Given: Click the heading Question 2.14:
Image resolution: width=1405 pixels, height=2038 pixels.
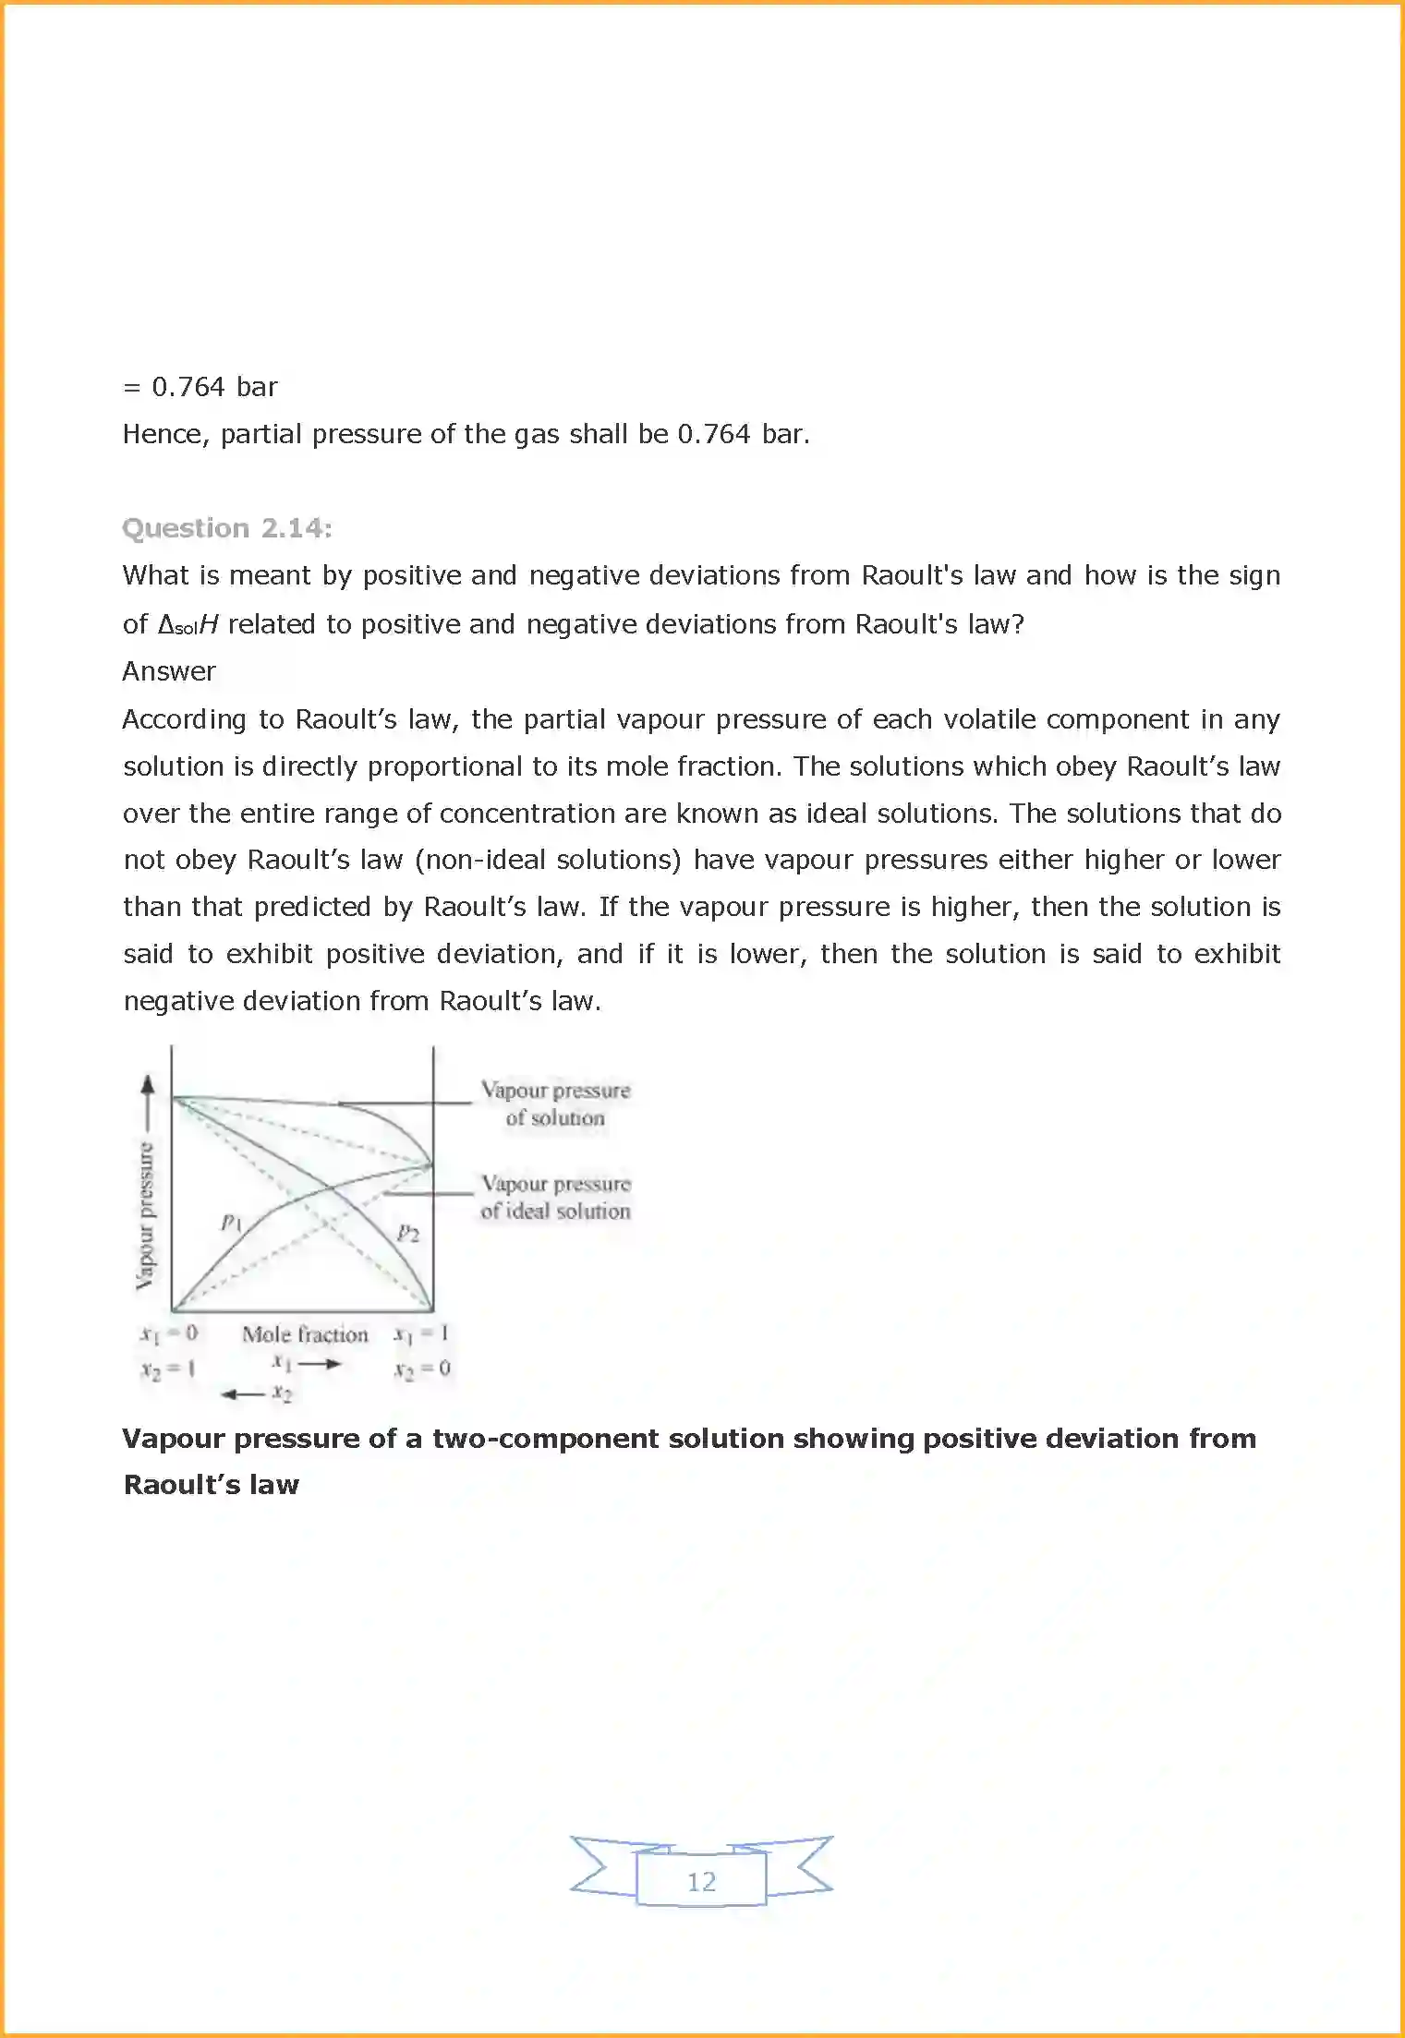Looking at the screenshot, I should tap(226, 528).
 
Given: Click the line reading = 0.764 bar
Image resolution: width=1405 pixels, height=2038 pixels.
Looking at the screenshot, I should tap(200, 387).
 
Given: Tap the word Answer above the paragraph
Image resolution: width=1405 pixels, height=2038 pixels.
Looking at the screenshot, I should tap(169, 671).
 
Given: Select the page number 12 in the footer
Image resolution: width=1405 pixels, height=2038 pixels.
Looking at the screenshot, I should tap(701, 1881).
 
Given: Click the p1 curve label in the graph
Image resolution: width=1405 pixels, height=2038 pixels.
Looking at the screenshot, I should tap(231, 1223).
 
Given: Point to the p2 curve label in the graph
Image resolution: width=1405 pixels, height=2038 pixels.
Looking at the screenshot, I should tap(407, 1233).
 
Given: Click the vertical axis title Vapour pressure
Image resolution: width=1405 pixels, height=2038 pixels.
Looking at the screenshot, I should tap(146, 1215).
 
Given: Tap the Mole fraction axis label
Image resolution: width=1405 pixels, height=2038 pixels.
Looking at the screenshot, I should tap(305, 1334).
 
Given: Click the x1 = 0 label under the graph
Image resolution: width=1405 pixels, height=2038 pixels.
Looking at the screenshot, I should tap(169, 1333).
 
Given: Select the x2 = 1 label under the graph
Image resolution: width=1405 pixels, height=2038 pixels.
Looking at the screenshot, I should tap(168, 1369).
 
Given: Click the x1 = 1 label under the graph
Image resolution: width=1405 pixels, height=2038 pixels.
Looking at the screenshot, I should tap(421, 1333).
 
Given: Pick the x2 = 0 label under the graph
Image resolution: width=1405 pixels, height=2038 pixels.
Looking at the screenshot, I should tap(422, 1369).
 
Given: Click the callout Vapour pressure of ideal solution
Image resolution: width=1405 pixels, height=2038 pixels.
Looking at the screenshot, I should tap(555, 1198).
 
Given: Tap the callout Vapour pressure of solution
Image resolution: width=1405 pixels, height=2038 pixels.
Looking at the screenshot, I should tap(555, 1103).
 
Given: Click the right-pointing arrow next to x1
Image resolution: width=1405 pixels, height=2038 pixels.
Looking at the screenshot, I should tap(321, 1364).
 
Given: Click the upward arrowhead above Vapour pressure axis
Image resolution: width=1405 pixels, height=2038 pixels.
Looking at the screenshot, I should tap(148, 1085).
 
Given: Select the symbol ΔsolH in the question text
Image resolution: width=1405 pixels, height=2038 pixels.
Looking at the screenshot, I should tap(188, 625).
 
